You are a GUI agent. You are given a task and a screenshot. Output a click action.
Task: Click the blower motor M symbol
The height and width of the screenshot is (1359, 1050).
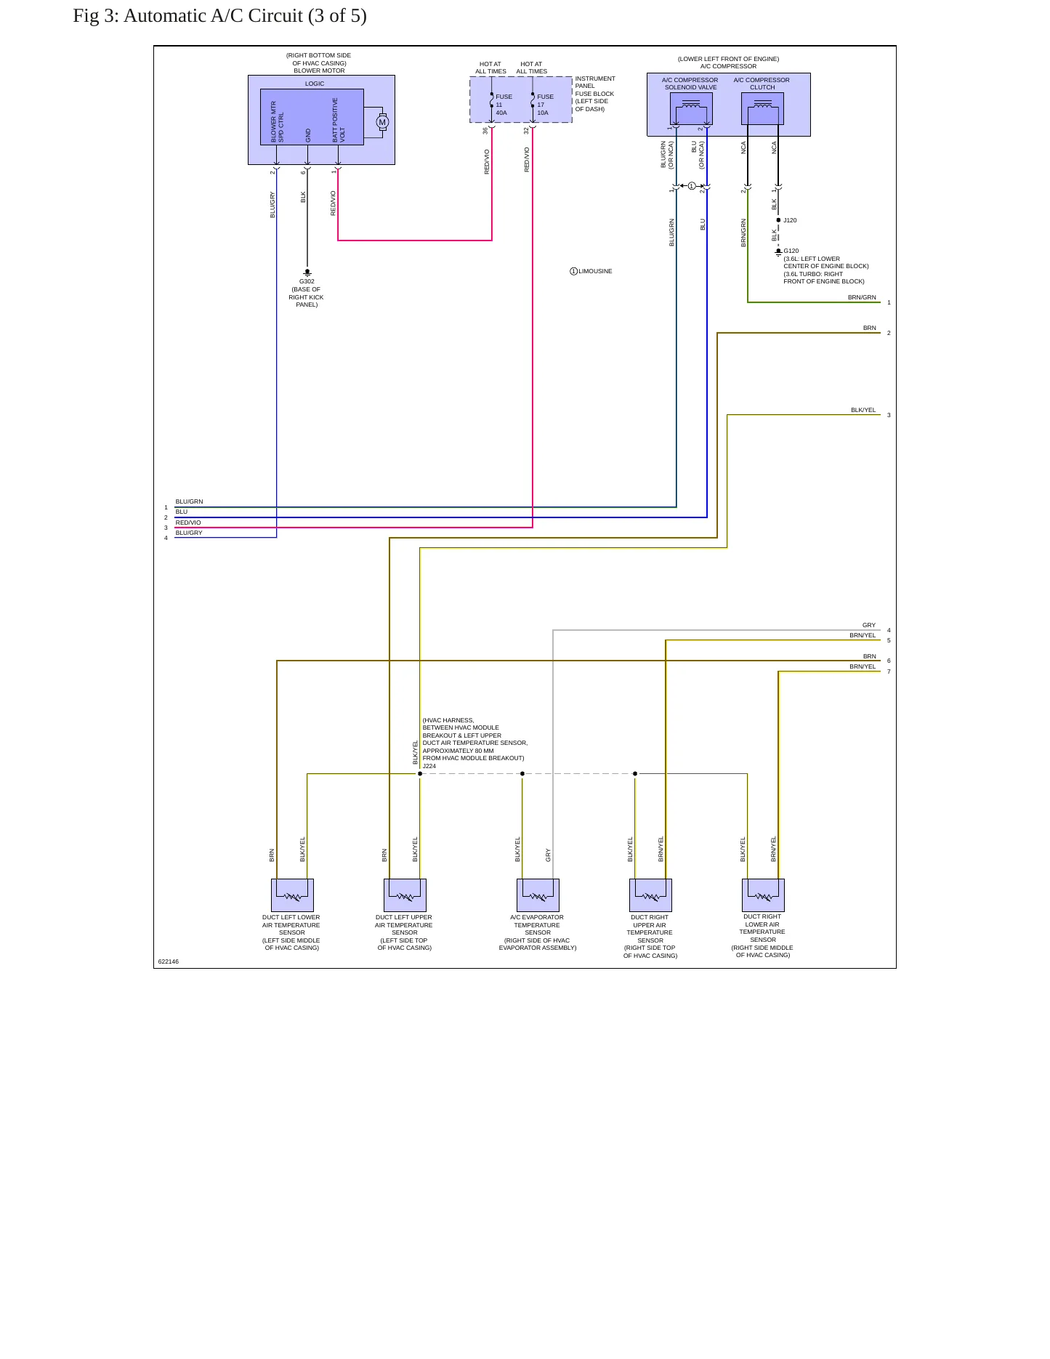click(382, 122)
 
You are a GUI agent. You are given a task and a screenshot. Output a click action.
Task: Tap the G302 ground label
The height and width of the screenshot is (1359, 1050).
click(307, 281)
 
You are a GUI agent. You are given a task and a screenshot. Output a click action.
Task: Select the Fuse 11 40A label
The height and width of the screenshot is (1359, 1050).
click(504, 105)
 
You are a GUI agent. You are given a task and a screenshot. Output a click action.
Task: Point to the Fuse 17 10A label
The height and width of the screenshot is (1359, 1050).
click(545, 105)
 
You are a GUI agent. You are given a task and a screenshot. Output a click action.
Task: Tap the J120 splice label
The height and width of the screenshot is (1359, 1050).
click(790, 220)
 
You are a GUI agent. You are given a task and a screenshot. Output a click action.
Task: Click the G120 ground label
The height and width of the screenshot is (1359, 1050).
click(791, 251)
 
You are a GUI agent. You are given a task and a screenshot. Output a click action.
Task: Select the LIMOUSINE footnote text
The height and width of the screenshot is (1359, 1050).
click(595, 271)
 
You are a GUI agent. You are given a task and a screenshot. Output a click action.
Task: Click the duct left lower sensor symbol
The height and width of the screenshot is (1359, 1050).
click(292, 895)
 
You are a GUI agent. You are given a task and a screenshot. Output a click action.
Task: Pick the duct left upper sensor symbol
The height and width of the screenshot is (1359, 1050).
click(405, 895)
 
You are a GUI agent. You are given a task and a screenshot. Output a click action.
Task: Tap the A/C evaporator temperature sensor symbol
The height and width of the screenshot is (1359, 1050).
click(538, 895)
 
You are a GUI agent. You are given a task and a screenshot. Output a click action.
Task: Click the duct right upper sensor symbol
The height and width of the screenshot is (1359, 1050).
click(650, 895)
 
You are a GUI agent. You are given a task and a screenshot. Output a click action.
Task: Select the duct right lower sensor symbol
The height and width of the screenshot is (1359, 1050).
click(763, 895)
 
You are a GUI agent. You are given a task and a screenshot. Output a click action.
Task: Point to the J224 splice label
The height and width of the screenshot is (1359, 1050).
click(429, 766)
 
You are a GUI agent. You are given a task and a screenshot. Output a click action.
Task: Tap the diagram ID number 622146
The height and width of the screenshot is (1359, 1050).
click(169, 961)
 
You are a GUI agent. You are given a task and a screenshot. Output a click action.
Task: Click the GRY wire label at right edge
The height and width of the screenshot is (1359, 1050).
click(869, 625)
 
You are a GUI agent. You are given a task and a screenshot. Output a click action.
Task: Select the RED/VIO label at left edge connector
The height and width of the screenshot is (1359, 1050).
click(188, 523)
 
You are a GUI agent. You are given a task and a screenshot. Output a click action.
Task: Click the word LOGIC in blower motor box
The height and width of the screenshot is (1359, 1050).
click(315, 84)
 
